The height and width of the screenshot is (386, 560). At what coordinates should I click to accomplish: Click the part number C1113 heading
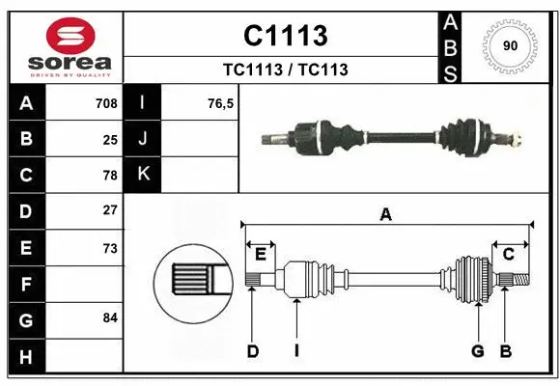coord(285,36)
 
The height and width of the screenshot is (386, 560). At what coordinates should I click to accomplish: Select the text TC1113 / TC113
coord(285,69)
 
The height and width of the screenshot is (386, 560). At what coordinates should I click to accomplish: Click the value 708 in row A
coord(106,103)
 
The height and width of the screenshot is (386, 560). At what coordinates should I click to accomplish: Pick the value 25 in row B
coord(110,139)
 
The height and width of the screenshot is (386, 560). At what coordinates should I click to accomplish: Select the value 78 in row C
coord(110,176)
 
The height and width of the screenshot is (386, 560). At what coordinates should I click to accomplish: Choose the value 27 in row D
coord(110,210)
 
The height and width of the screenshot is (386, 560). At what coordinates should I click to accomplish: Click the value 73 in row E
coord(110,248)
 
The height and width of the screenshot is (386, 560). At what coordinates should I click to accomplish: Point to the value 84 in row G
coord(110,317)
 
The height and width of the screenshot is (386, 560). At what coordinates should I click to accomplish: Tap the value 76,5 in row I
coord(221,103)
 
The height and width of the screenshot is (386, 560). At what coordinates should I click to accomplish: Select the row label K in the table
coord(143,174)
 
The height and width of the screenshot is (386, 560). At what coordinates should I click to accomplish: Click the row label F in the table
coord(25,284)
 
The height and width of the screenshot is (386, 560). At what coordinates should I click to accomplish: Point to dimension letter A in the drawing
coord(386,214)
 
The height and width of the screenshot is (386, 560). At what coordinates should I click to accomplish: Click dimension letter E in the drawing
coord(261,254)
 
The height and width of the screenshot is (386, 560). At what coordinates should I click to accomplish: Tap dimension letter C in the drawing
coord(508,254)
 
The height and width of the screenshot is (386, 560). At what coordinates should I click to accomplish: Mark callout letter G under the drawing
coord(477,351)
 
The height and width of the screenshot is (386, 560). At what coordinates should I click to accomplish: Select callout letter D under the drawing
coord(252,351)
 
